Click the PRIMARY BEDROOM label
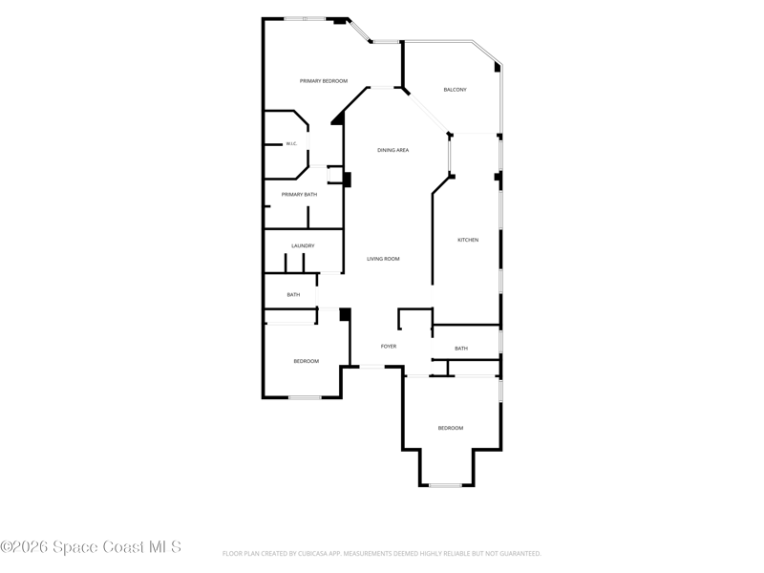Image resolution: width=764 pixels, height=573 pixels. [x=324, y=81]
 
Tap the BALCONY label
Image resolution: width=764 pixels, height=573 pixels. [x=456, y=90]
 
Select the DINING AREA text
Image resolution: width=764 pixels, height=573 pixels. [x=393, y=150]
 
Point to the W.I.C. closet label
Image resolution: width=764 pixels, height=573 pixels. [x=291, y=144]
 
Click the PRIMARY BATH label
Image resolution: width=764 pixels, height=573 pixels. [x=299, y=195]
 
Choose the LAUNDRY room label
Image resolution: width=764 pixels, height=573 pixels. [x=303, y=246]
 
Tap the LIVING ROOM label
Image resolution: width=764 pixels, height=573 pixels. [x=383, y=259]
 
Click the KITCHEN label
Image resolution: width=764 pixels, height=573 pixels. [x=468, y=240]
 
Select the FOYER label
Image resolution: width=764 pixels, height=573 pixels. [x=389, y=347]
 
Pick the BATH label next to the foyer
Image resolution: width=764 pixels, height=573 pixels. [x=461, y=349]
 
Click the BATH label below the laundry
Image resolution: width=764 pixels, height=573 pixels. [x=293, y=295]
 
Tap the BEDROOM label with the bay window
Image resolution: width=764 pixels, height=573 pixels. [x=451, y=428]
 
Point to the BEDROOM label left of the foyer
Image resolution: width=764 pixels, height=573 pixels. [x=306, y=361]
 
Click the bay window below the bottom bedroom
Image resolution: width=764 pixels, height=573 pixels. [x=446, y=485]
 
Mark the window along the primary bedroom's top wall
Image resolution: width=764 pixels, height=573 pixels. [x=305, y=19]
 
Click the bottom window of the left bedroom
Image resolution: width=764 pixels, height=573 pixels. [x=305, y=397]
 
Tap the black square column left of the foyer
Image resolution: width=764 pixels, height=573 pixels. [x=345, y=314]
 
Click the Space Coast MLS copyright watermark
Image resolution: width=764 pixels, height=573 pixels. [x=91, y=547]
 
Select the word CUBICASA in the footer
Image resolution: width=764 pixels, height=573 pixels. [x=312, y=554]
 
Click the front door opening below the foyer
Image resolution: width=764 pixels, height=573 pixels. [x=372, y=367]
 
